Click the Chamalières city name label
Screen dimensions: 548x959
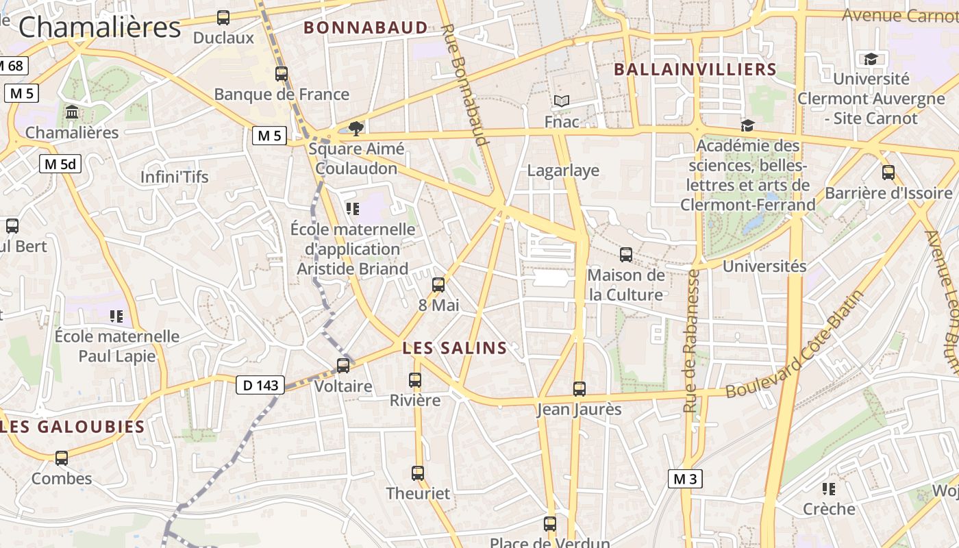pos(99,27)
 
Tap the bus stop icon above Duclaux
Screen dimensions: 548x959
pos(223,18)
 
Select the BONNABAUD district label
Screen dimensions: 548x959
pos(366,28)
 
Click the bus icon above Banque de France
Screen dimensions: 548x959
pos(282,74)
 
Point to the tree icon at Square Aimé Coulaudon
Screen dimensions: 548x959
pos(356,127)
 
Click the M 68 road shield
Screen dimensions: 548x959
pos(11,66)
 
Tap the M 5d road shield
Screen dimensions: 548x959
pos(60,164)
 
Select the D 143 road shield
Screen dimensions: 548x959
pos(261,386)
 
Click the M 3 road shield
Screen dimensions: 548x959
pos(685,479)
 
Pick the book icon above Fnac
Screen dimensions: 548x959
pos(562,101)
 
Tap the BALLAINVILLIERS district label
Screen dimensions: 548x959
pos(695,69)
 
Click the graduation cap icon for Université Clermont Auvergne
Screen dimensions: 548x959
pos(871,59)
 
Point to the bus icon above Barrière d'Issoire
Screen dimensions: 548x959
pos(888,173)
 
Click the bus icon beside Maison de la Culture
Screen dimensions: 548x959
pos(626,255)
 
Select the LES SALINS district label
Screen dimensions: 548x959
pos(455,348)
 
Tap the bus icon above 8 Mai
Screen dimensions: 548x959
pos(438,285)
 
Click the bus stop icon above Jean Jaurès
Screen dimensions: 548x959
pos(580,389)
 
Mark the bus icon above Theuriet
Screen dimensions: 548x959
pos(418,473)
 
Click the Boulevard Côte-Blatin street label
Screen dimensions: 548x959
pos(795,345)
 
